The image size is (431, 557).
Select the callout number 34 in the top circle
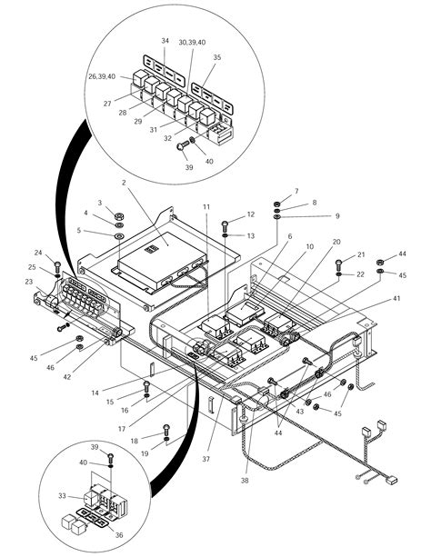coord(165,41)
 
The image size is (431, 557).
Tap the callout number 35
coord(216,56)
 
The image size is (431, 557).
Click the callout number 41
coord(396,299)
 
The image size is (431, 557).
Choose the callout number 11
coord(206,208)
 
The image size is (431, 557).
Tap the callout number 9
coord(311,215)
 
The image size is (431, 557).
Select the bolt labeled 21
coord(338,264)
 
